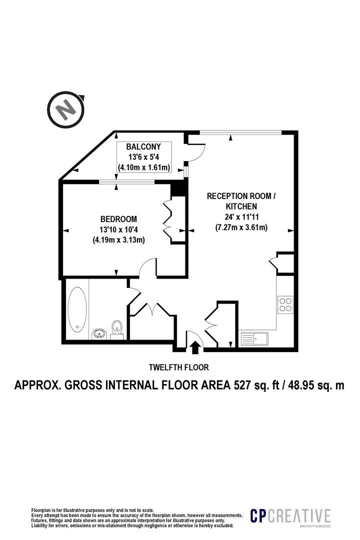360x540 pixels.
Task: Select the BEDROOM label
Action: click(118, 219)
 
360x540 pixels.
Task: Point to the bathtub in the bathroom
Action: click(77, 310)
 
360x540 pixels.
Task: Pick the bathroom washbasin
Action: click(99, 334)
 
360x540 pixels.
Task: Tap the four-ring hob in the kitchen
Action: click(285, 304)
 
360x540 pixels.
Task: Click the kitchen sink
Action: click(254, 339)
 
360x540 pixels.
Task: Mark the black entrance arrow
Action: click(195, 347)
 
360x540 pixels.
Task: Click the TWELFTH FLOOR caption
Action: click(179, 367)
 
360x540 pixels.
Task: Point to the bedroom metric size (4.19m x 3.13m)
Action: click(118, 240)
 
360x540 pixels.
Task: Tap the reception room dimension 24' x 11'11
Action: click(241, 217)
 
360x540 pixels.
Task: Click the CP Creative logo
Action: click(290, 516)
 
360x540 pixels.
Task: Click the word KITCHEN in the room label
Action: click(241, 206)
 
